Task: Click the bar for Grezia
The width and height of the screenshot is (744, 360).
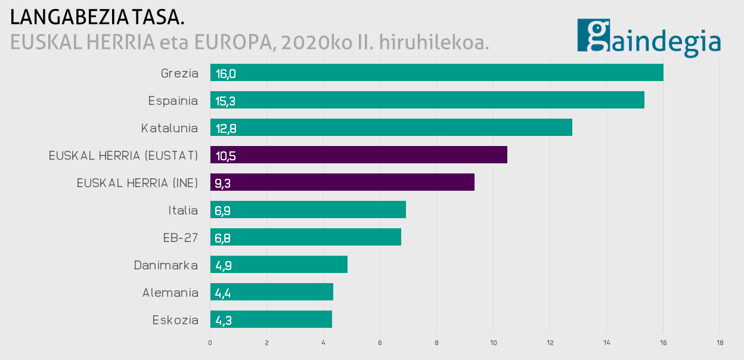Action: pos(436,73)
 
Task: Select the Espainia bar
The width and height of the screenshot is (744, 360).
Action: pos(427,100)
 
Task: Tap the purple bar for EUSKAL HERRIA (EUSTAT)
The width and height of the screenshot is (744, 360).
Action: pos(358,155)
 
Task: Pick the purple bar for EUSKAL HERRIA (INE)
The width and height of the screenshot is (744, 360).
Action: pos(342,182)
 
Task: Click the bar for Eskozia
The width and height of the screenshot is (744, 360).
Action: pos(271,319)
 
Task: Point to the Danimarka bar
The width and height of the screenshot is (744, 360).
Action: pos(279,265)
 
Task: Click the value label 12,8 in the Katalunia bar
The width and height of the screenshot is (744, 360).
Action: pos(226,128)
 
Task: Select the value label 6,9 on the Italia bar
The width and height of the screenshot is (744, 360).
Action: pos(223,210)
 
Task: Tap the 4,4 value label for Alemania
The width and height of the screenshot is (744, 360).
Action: pos(223,293)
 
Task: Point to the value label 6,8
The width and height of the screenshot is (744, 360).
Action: pos(223,238)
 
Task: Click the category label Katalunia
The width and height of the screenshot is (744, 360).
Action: pos(169,128)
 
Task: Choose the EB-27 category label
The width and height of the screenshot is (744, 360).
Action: pos(180,238)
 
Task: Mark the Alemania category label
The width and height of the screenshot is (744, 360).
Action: pos(170,293)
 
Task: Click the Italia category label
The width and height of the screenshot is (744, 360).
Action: pos(183,210)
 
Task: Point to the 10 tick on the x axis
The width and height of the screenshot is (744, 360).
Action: pos(493,343)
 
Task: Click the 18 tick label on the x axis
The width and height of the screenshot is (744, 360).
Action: pos(720,343)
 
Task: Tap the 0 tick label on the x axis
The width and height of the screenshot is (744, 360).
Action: pos(210,343)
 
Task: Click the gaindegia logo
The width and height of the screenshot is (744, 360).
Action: pos(649,37)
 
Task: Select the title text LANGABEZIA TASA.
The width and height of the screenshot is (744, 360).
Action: pos(97,17)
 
